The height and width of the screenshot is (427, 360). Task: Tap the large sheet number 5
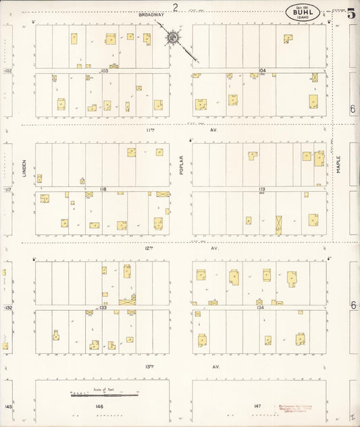351,14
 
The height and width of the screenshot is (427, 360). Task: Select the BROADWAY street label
151,14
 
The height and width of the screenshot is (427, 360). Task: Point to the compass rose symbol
174,37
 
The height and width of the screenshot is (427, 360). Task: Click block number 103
104,70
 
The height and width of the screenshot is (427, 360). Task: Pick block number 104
262,70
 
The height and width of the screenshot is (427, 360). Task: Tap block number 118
103,189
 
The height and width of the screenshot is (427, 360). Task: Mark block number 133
103,307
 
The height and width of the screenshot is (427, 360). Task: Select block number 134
261,307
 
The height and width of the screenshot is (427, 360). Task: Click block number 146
99,406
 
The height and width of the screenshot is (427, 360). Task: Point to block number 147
257,406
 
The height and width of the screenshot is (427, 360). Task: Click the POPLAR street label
181,167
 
